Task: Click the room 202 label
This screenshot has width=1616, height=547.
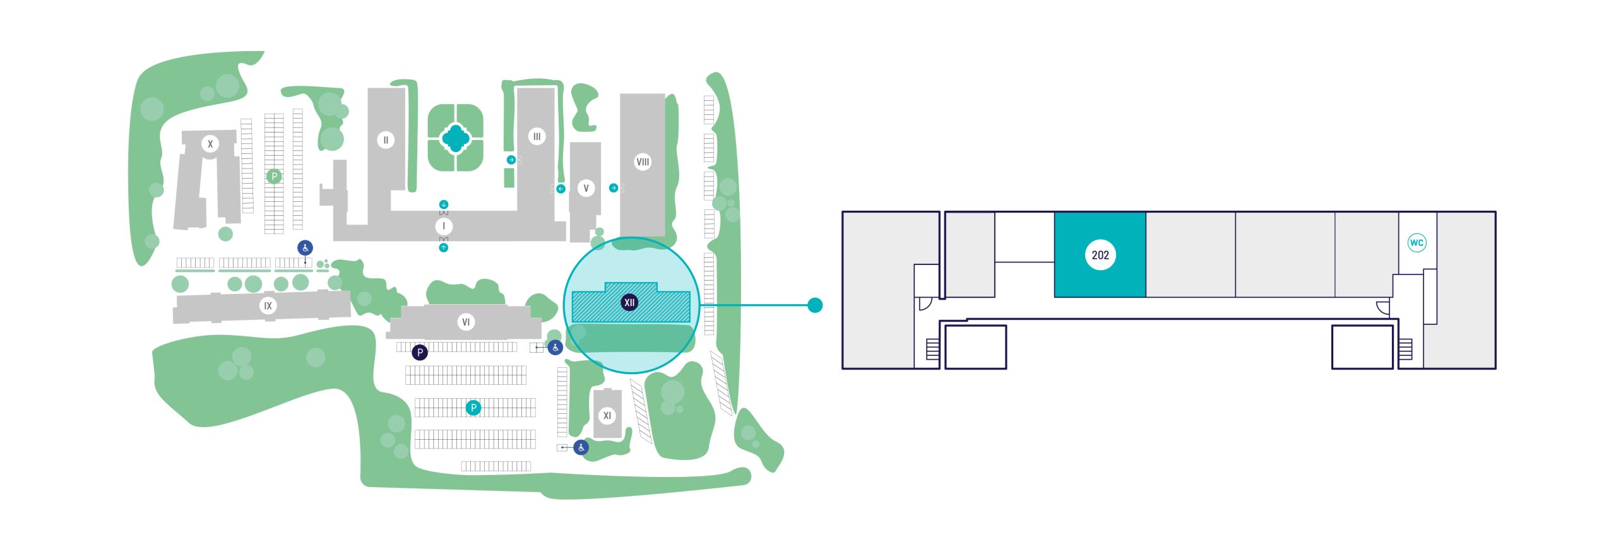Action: (1100, 255)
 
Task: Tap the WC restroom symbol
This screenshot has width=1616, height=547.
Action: (1417, 243)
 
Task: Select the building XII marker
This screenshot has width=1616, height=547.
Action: (629, 303)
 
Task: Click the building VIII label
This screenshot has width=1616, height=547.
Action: (643, 162)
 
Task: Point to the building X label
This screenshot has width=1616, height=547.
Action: (210, 144)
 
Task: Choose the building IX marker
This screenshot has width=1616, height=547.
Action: (268, 306)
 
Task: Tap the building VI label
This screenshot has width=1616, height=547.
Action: (466, 322)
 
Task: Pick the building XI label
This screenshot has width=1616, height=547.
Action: (607, 416)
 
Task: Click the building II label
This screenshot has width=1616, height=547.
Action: (386, 140)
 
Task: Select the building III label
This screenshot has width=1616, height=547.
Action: (537, 136)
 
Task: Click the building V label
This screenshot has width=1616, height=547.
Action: (586, 188)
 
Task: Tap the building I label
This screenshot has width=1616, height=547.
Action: (444, 226)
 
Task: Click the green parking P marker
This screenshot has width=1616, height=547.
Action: (273, 177)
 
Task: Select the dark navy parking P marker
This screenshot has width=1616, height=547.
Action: (420, 353)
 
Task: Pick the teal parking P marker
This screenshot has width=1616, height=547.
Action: (473, 408)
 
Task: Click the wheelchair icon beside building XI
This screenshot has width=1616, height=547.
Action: (581, 448)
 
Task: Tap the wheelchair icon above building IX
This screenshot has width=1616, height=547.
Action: (305, 248)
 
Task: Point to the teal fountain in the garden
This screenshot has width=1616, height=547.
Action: (454, 138)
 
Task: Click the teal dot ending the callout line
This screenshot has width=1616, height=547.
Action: (815, 305)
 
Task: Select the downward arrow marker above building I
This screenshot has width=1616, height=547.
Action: (444, 204)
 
